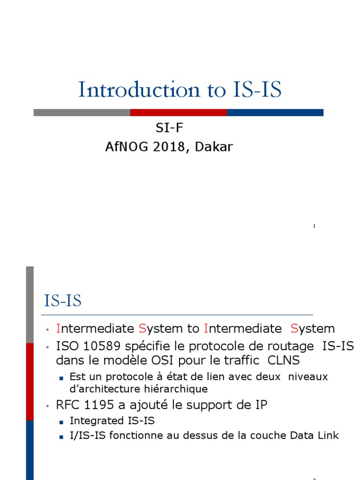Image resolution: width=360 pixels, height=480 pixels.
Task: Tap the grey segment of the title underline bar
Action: click(82, 112)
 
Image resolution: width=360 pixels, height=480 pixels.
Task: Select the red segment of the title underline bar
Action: click(178, 112)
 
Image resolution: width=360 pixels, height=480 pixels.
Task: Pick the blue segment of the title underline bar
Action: click(275, 112)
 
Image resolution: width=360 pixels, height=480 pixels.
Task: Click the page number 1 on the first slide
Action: click(314, 226)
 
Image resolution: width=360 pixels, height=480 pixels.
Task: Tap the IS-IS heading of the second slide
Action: click(63, 301)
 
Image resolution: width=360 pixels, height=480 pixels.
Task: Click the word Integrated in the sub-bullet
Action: click(91, 420)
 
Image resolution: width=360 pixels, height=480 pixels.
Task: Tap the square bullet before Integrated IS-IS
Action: click(61, 421)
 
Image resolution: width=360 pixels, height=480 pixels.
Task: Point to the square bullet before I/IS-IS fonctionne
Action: click(61, 436)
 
